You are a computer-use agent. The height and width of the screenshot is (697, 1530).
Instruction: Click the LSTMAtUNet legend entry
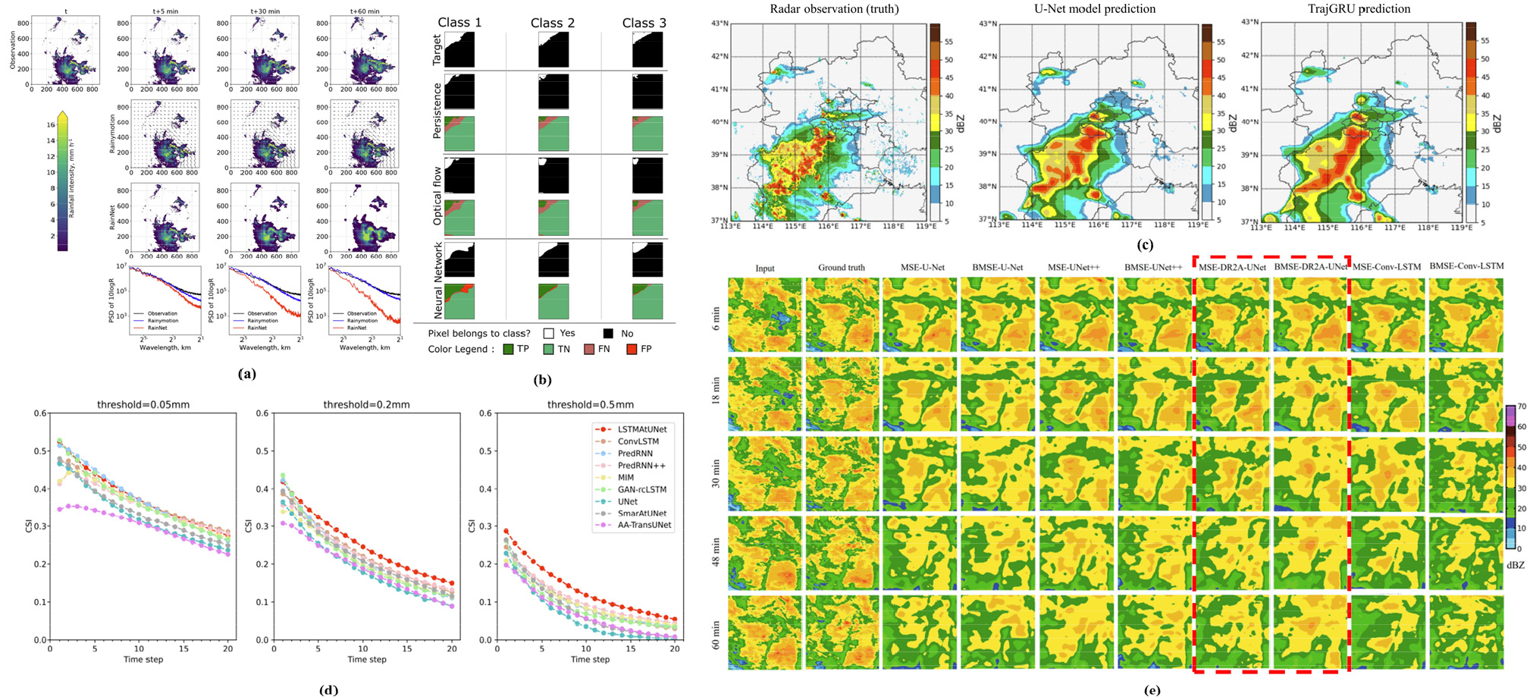click(641, 429)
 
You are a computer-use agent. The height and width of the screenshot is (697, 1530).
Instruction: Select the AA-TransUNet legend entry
click(644, 525)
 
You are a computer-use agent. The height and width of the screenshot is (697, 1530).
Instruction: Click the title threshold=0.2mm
click(366, 405)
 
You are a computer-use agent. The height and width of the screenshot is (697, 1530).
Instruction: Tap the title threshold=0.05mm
click(143, 405)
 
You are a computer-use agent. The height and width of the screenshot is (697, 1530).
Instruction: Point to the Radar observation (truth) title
click(834, 9)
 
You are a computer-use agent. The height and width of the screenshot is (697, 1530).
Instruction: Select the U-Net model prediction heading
click(1094, 9)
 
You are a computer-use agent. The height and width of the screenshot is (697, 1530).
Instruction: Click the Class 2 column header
click(552, 23)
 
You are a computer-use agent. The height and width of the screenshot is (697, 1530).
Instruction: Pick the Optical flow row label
click(437, 196)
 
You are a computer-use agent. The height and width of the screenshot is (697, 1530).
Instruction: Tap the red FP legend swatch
click(630, 349)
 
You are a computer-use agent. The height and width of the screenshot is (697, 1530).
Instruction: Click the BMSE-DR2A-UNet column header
click(1311, 266)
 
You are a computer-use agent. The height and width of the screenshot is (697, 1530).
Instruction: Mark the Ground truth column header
click(842, 268)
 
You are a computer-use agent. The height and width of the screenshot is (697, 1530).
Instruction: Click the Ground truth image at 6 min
click(842, 315)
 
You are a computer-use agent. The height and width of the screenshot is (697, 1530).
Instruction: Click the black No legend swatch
click(608, 334)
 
